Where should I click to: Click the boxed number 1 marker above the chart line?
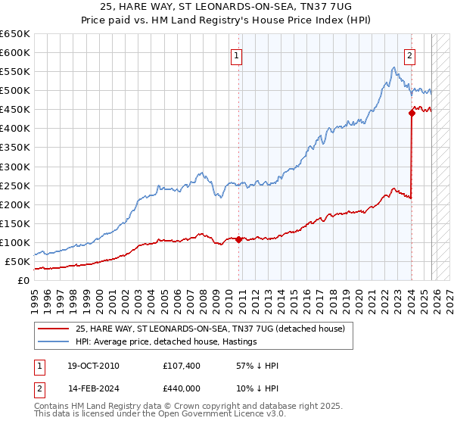pos(237,55)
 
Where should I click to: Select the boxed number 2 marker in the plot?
pos(409,55)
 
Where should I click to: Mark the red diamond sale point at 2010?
pos(238,239)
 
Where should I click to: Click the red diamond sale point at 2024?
pos(412,113)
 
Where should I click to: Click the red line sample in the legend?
pos(54,329)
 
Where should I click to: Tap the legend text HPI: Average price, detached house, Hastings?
pos(166,341)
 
